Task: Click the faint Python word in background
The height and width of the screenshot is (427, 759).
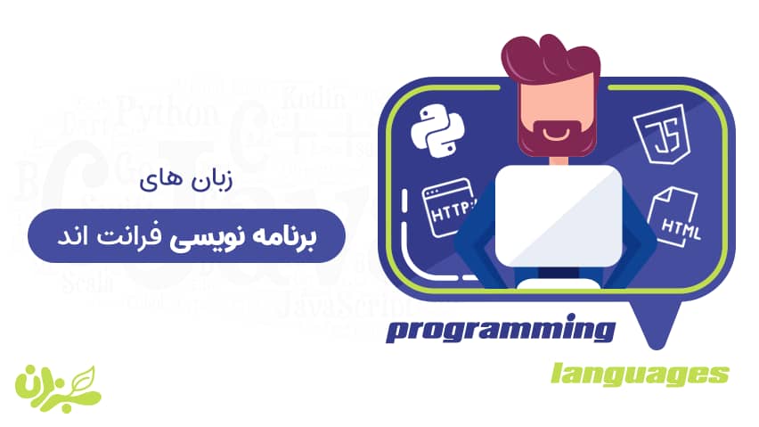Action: [x=167, y=114]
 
